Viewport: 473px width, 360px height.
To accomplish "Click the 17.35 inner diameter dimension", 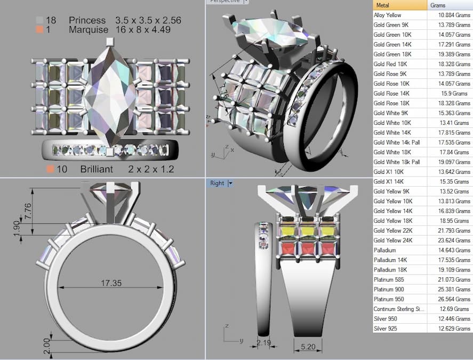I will (111, 283).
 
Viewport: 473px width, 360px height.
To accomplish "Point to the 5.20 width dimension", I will (308, 347).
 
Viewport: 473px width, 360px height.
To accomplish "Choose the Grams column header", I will (438, 5).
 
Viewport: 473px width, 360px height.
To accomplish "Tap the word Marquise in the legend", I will (89, 30).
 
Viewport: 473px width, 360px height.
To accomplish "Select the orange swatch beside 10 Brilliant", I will (50, 169).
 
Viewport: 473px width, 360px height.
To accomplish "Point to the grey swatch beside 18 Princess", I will (39, 20).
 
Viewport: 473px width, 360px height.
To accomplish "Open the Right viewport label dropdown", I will (230, 183).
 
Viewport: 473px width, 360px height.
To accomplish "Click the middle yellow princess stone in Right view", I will (306, 231).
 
